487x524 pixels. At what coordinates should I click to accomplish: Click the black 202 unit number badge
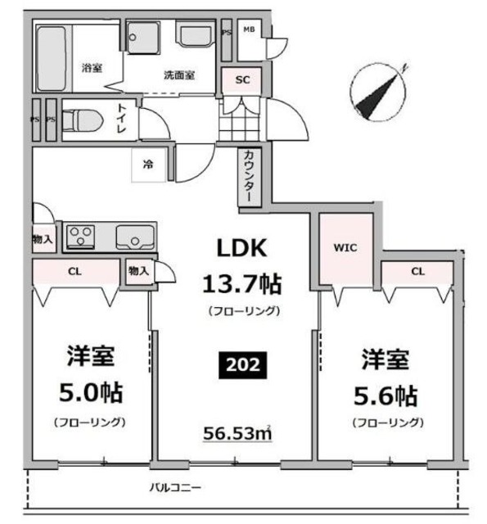click(242, 365)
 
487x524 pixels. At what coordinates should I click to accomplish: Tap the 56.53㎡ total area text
click(237, 433)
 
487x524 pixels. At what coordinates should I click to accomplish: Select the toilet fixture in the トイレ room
click(83, 120)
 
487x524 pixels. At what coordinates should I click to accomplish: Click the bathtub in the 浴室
click(51, 59)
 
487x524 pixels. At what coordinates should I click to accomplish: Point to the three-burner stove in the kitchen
click(80, 237)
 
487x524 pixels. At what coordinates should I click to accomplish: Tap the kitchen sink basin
click(135, 237)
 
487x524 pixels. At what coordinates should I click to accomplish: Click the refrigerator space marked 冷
click(149, 165)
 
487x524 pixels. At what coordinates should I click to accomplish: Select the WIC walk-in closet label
click(345, 248)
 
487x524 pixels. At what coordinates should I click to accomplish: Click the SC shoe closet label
click(242, 80)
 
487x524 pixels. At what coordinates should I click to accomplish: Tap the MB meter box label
click(249, 29)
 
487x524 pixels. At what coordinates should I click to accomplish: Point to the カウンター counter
click(249, 177)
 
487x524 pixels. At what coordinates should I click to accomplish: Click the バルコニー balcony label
click(175, 487)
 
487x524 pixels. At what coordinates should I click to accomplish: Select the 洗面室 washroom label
click(179, 75)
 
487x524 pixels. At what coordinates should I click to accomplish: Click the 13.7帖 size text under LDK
click(242, 284)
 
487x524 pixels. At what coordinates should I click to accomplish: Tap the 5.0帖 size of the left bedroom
click(91, 393)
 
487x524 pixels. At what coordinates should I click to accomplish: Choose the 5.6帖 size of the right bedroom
click(386, 395)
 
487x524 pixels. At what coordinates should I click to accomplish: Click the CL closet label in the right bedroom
click(418, 271)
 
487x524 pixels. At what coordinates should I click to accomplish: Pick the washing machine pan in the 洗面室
click(143, 38)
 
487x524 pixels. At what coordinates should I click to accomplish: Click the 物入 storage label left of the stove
click(43, 239)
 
